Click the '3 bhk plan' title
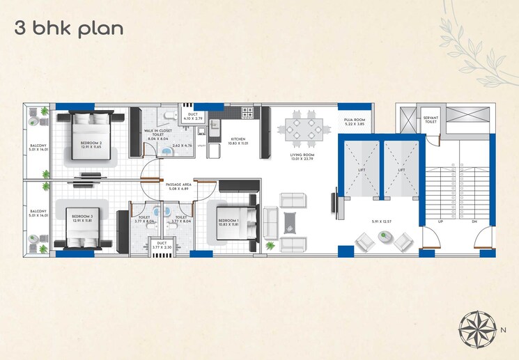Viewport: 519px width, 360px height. click(69, 29)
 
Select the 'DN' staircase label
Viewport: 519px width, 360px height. click(474, 222)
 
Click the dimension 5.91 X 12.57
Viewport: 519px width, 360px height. click(382, 222)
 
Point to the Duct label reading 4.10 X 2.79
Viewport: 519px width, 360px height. click(192, 116)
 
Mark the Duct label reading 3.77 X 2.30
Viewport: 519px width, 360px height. click(162, 245)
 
